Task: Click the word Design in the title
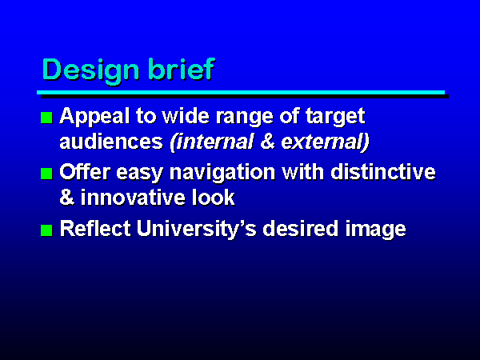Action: click(x=91, y=71)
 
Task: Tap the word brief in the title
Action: click(x=181, y=69)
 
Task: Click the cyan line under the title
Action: click(x=241, y=93)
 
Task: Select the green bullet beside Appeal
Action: click(x=46, y=118)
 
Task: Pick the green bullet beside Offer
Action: click(x=46, y=174)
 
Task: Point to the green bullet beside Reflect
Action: click(x=46, y=230)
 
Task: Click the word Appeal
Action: click(x=94, y=118)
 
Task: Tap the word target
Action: click(x=335, y=118)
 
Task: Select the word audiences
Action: click(x=111, y=142)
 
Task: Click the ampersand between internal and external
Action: click(x=267, y=142)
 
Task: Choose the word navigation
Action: click(x=222, y=173)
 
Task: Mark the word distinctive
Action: click(x=383, y=172)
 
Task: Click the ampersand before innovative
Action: click(x=67, y=198)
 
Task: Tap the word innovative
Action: click(x=133, y=198)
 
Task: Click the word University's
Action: click(x=196, y=230)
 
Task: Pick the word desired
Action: click(x=301, y=228)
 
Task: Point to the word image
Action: click(x=376, y=230)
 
